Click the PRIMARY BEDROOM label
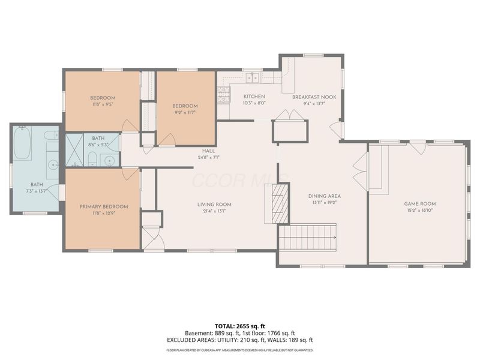pyautogui.click(x=103, y=207)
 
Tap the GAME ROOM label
pyautogui.click(x=419, y=204)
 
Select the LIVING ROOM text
pyautogui.click(x=214, y=205)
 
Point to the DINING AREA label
pyautogui.click(x=325, y=196)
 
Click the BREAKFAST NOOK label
pyautogui.click(x=310, y=97)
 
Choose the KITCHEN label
pyautogui.click(x=254, y=97)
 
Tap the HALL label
pyautogui.click(x=208, y=151)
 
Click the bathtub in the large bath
pyautogui.click(x=23, y=143)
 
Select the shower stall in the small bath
pyautogui.click(x=74, y=149)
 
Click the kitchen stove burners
pyautogui.click(x=223, y=94)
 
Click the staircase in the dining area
pyautogui.click(x=308, y=237)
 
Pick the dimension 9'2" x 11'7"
pyautogui.click(x=186, y=112)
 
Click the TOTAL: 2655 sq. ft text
pyautogui.click(x=239, y=326)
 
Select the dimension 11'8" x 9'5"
pyautogui.click(x=103, y=104)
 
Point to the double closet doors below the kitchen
pyautogui.click(x=290, y=115)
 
